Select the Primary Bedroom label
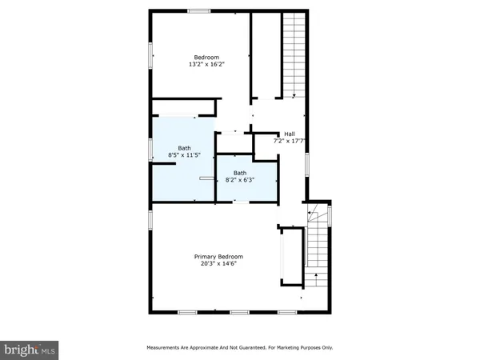pyautogui.click(x=218, y=256)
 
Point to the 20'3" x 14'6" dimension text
pyautogui.click(x=218, y=264)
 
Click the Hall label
pyautogui.click(x=290, y=134)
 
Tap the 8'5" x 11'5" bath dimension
pyautogui.click(x=185, y=154)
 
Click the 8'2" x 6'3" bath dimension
pyautogui.click(x=241, y=180)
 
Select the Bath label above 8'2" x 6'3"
pyautogui.click(x=240, y=173)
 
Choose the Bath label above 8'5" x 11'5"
pyautogui.click(x=185, y=147)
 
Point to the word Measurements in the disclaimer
pyautogui.click(x=165, y=348)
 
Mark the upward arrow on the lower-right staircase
pyautogui.click(x=317, y=278)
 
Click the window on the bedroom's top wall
pyautogui.click(x=198, y=11)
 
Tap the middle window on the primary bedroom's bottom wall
pyautogui.click(x=238, y=311)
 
